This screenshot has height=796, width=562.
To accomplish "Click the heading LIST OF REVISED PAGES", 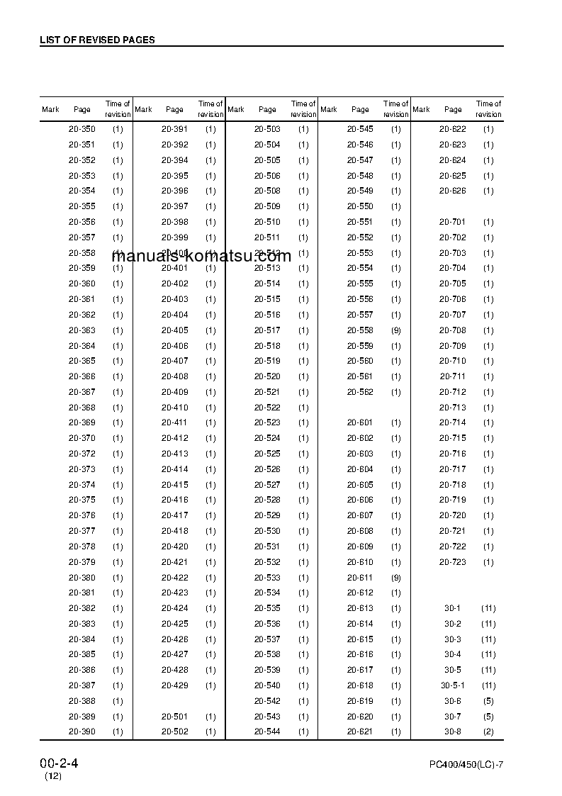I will point(97,40).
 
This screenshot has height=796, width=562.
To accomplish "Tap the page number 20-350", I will point(82,129).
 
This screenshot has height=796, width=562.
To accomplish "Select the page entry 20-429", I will point(174,685).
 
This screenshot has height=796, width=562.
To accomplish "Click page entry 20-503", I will point(267,129).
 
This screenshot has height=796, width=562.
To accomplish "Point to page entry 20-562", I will point(360,392).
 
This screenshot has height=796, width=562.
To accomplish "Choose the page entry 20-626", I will point(453,191).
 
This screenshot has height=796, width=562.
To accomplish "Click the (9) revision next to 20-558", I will point(396,330).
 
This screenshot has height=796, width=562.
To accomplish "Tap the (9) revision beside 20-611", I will point(396,578).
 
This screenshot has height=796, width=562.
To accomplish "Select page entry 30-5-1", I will point(453,685).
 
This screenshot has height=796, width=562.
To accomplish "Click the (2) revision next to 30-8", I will point(488,731).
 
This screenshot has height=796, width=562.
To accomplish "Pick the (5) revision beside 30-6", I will point(488,701).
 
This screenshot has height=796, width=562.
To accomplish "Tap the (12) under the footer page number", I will point(53,777).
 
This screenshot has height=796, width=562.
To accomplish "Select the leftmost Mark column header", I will point(50,109).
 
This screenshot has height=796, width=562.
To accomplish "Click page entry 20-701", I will point(453,222).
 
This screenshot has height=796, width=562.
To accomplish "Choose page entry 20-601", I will point(360,422).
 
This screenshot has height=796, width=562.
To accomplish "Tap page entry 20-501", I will point(174,717).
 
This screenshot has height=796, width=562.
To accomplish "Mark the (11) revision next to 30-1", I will point(488,608).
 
